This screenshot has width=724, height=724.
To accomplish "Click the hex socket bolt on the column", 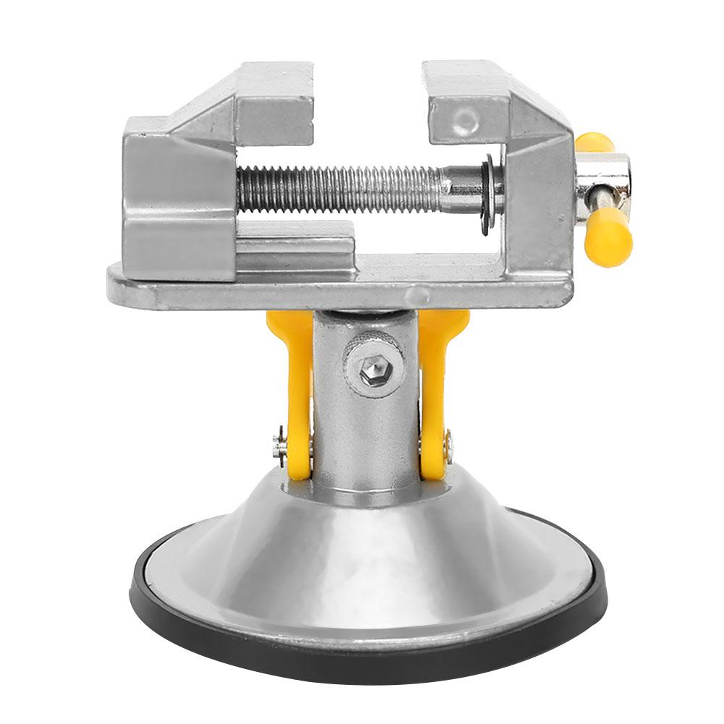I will point(376,371).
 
